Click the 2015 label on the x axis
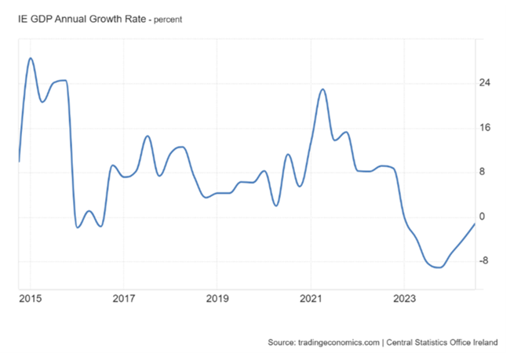click(31, 298)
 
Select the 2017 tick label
click(124, 298)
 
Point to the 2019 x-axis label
click(217, 298)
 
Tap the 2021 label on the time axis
click(311, 298)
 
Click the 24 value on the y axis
click(485, 83)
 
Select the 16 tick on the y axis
click(485, 128)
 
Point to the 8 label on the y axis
click(483, 173)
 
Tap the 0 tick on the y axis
click(483, 216)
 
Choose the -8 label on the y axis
click(484, 261)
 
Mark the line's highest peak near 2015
click(31, 58)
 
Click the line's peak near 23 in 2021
click(322, 89)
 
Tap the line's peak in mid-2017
click(148, 136)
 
